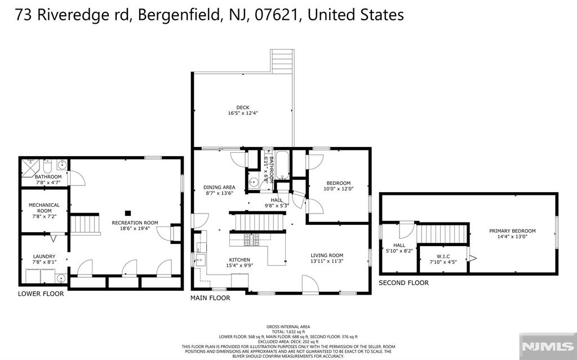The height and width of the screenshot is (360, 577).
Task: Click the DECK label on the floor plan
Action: pyautogui.click(x=242, y=107)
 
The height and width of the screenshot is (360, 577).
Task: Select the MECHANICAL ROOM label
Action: pyautogui.click(x=45, y=208)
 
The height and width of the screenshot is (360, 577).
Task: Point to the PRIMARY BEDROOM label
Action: pyautogui.click(x=512, y=231)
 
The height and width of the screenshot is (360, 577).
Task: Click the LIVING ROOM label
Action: pyautogui.click(x=327, y=255)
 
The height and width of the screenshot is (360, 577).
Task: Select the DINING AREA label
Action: pyautogui.click(x=219, y=187)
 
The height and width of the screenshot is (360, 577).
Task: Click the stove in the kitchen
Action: pyautogui.click(x=251, y=240)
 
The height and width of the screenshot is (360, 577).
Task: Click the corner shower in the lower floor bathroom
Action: pyautogui.click(x=29, y=167)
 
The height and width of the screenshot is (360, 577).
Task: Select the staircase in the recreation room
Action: pyautogui.click(x=85, y=224)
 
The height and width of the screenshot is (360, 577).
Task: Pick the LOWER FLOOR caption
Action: pyautogui.click(x=41, y=294)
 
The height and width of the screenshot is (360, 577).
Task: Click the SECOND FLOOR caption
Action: pyautogui.click(x=403, y=283)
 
